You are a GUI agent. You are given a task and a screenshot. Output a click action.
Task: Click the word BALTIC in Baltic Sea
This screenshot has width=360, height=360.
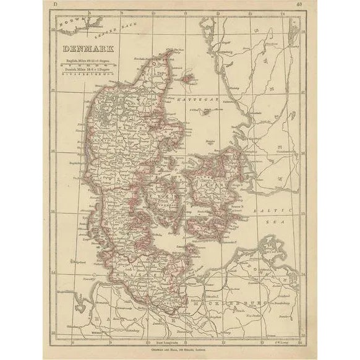tap(267, 211)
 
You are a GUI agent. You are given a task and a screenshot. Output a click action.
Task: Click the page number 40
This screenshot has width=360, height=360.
tap(300, 4)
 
